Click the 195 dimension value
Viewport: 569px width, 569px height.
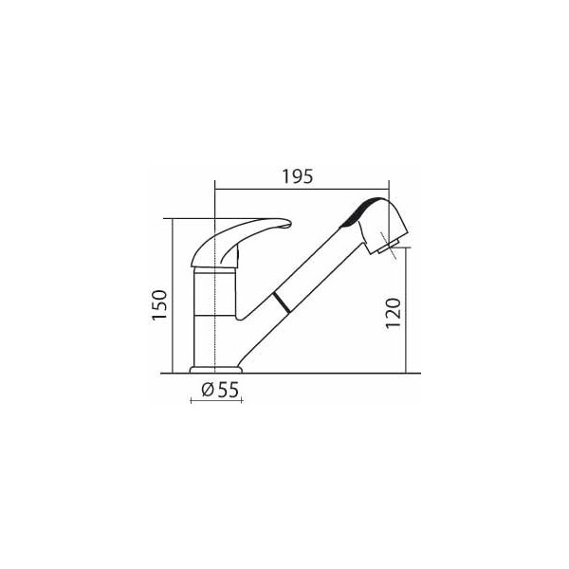pos(297,176)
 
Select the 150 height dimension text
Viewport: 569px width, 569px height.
pos(159,304)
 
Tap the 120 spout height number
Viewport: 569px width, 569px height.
pos(394,313)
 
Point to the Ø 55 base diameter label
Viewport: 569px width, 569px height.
pos(220,390)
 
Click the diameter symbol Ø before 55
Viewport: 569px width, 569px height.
pos(208,390)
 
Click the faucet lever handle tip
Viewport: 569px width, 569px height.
pos(287,223)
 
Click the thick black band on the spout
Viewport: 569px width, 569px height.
pos(282,303)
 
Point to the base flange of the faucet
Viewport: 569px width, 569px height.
pos(216,370)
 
